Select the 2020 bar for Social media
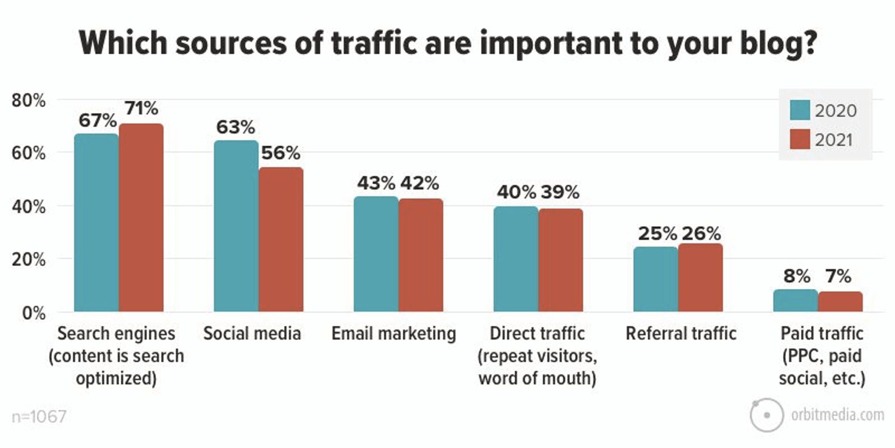click(x=236, y=226)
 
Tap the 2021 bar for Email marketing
click(x=420, y=255)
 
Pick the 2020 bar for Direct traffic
click(x=516, y=259)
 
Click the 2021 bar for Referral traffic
click(x=700, y=278)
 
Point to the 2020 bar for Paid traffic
click(x=795, y=301)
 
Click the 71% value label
click(x=141, y=108)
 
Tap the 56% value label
click(x=281, y=153)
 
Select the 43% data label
click(x=376, y=183)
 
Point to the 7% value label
click(x=838, y=276)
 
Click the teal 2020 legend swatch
click(x=799, y=110)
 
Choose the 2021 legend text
click(x=833, y=140)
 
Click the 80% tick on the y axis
click(x=28, y=100)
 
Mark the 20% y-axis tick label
click(x=28, y=259)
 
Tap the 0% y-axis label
click(x=34, y=313)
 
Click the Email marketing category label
click(x=393, y=334)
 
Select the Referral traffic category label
click(x=681, y=334)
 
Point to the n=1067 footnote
click(x=39, y=416)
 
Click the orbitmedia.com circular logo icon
click(x=766, y=415)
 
